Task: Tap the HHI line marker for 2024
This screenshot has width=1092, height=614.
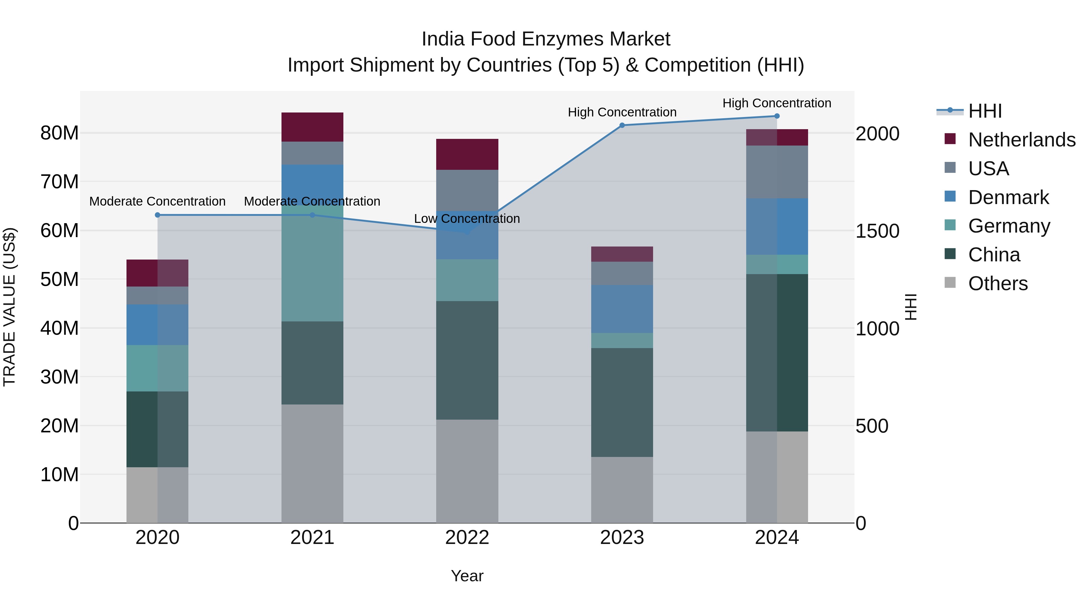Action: [777, 116]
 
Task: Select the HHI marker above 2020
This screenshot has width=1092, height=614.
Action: [158, 215]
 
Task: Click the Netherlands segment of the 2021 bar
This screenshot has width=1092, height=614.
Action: [312, 127]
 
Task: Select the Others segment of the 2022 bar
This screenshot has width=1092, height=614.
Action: [467, 471]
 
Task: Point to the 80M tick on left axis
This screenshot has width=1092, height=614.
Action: [59, 133]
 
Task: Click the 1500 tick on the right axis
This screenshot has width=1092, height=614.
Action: [877, 231]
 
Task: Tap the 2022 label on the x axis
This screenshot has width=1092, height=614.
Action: [467, 538]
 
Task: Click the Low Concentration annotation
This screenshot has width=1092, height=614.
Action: [467, 219]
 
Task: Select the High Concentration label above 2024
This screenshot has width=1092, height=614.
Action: [777, 103]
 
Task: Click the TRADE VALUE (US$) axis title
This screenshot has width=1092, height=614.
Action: [10, 307]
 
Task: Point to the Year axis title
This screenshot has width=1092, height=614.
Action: [467, 576]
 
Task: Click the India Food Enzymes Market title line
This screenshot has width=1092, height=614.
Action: [546, 39]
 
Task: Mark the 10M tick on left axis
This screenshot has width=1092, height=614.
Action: [59, 475]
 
